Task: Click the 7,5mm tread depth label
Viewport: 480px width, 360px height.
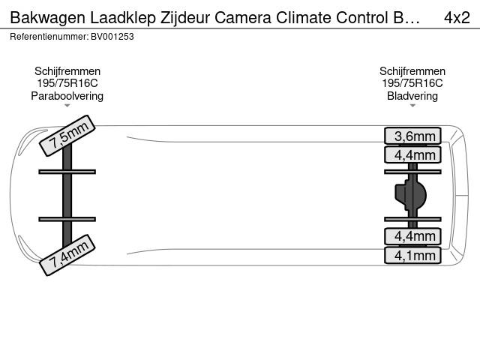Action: pos(67,136)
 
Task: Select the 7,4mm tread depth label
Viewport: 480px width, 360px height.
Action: pos(67,255)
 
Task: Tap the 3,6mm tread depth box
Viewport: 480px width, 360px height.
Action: pos(412,136)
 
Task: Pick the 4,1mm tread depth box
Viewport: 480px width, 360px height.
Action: pos(412,255)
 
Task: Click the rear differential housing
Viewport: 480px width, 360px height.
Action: pos(410,195)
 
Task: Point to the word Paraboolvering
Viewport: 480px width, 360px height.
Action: pos(67,96)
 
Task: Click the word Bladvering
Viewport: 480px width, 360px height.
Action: pos(412,96)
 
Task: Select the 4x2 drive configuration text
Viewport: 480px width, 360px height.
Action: pos(457,18)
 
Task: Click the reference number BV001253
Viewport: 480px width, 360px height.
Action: pos(112,37)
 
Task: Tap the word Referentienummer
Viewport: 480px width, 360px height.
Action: pos(49,37)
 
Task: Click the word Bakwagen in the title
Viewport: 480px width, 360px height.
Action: pos(48,18)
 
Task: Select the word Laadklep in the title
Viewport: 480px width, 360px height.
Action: pos(123,18)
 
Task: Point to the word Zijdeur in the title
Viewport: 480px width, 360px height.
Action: pos(185,18)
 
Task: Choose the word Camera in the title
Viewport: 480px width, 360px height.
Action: pos(243,18)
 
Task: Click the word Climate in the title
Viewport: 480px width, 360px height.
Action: pos(304,18)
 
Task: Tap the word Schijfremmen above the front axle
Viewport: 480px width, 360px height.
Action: pos(67,71)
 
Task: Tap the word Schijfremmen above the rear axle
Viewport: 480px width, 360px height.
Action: pos(412,71)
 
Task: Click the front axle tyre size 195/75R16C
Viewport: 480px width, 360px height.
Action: pos(67,83)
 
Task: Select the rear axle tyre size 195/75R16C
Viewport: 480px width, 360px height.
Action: pos(412,83)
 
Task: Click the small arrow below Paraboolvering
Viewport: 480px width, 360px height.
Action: pos(67,106)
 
